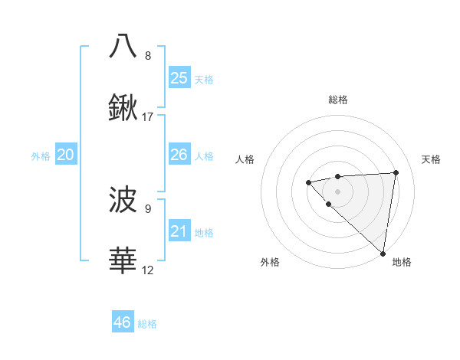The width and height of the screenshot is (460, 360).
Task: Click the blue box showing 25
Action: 179,78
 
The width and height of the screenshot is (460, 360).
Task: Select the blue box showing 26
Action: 179,155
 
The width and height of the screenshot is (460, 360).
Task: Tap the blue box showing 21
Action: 179,231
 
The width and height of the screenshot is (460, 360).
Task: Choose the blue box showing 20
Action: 66,155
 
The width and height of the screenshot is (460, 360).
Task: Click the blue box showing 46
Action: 123,322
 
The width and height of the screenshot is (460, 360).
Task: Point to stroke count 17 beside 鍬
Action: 148,117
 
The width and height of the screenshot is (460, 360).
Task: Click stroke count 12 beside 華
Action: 148,270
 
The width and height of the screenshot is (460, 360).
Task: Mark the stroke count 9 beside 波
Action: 148,208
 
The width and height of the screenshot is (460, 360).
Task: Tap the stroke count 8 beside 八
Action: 148,55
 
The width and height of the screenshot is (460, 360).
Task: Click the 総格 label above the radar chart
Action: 338,100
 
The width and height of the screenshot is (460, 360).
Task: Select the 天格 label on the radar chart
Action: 431,159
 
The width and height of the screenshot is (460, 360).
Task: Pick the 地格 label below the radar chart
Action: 402,262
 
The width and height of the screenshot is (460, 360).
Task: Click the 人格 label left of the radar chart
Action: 245,159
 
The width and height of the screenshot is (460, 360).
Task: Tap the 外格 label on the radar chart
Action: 270,262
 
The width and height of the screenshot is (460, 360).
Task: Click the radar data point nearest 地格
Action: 383,253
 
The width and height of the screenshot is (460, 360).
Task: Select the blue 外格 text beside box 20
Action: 41,155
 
